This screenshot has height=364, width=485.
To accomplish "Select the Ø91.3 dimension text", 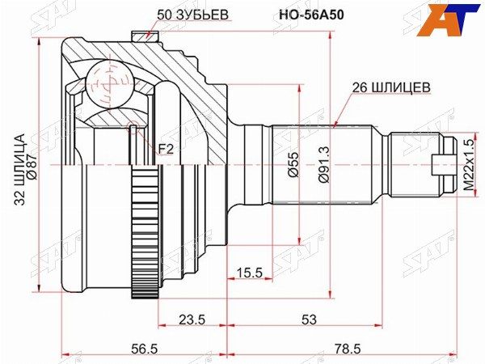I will point(322,163).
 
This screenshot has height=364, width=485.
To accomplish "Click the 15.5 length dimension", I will point(250,273).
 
